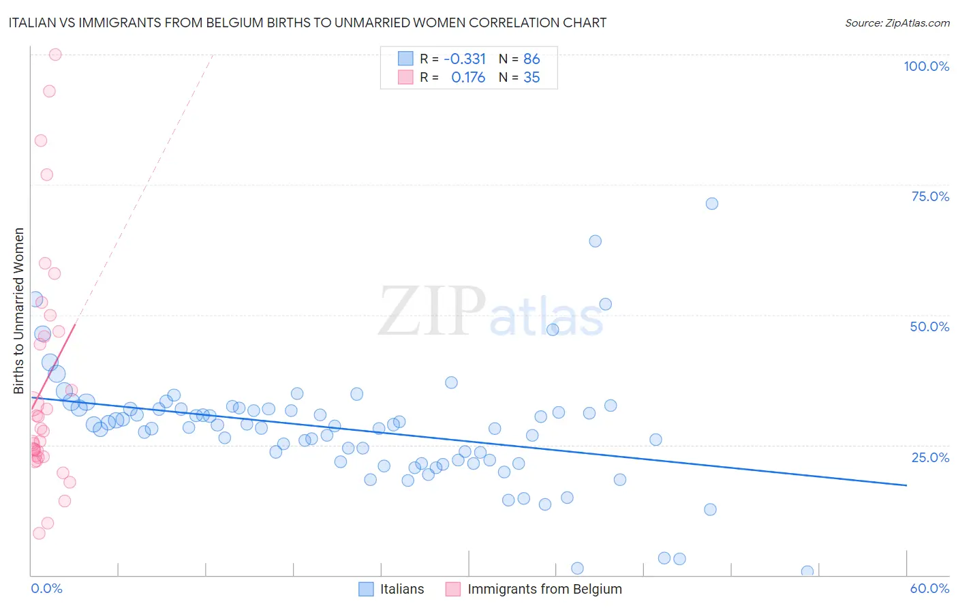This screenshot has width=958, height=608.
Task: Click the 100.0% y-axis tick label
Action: coord(926,66)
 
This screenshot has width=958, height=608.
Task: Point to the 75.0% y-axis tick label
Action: coord(930,196)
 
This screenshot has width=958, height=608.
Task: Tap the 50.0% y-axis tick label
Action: coord(929,326)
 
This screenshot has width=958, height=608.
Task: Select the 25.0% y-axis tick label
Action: coord(930,457)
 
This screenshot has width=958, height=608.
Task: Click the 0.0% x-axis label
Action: coord(46,588)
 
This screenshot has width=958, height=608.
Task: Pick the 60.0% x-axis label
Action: coord(929,588)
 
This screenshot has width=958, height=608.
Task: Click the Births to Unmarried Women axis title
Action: coord(19,311)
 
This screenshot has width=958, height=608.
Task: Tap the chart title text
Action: coord(307,22)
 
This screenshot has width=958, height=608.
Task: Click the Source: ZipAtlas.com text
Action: coord(897,22)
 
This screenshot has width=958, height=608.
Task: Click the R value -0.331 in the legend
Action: coord(465,59)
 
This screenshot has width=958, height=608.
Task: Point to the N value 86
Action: coord(531,59)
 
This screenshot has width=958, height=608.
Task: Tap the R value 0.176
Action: coord(468,78)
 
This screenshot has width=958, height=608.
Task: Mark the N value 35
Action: coord(531,78)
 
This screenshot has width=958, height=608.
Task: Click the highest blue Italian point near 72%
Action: coord(712,204)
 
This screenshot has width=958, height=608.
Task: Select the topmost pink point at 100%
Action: coord(55,55)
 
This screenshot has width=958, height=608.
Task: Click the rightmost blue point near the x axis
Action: coord(807,571)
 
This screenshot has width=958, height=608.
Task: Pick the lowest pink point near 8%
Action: coord(39,533)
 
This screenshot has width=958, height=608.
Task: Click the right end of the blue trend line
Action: coord(906,485)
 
